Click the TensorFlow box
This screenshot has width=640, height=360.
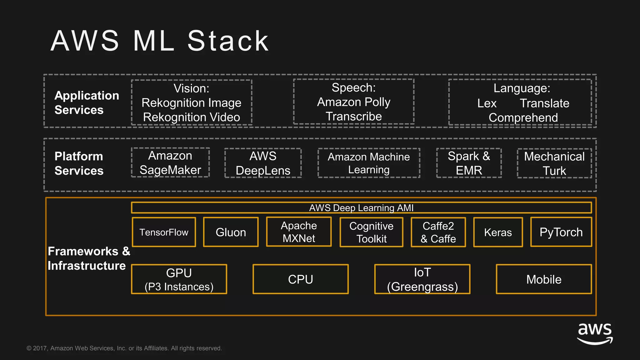pyautogui.click(x=164, y=232)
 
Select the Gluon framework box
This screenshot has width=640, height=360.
pyautogui.click(x=231, y=232)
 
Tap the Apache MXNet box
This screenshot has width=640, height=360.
pyautogui.click(x=299, y=232)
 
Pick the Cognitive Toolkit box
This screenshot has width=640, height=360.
pyautogui.click(x=371, y=232)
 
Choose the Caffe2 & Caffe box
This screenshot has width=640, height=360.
pyautogui.click(x=438, y=232)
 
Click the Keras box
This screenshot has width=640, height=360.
pyautogui.click(x=498, y=232)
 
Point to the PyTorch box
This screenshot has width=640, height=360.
pyautogui.click(x=561, y=232)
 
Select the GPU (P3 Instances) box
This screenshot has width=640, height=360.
pyautogui.click(x=179, y=279)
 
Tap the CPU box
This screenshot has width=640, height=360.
pyautogui.click(x=300, y=279)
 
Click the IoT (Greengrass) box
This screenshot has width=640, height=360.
pyautogui.click(x=422, y=279)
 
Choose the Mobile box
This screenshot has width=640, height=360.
pyautogui.click(x=544, y=279)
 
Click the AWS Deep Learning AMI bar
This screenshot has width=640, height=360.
pyautogui.click(x=361, y=208)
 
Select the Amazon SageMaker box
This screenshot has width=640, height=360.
pyautogui.click(x=170, y=162)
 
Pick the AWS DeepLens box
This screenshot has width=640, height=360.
pyautogui.click(x=263, y=163)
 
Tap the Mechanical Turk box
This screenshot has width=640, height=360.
pyautogui.click(x=554, y=163)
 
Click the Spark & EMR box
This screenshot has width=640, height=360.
pyautogui.click(x=469, y=163)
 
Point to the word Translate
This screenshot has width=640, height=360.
pyautogui.click(x=544, y=103)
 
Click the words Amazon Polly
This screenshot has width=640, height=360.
pyautogui.click(x=354, y=102)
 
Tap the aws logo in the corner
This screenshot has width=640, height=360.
pyautogui.click(x=595, y=333)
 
